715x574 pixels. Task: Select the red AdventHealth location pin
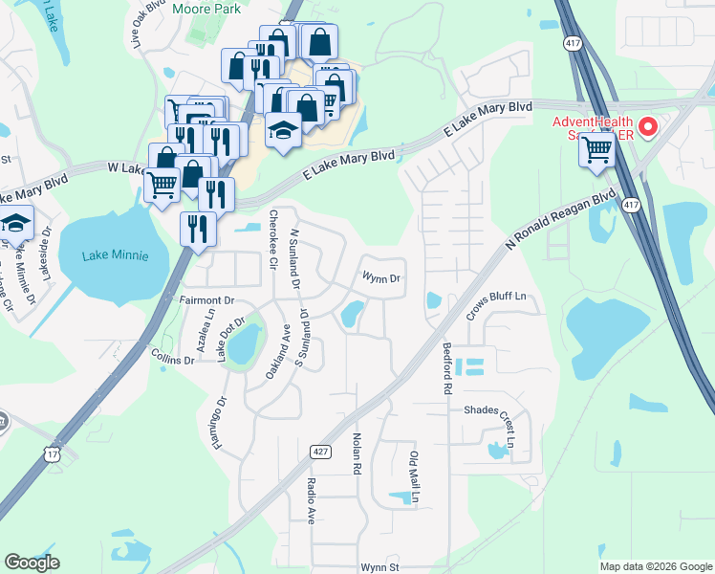pyautogui.click(x=648, y=126)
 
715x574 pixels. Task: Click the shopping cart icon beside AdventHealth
pyautogui.click(x=597, y=149)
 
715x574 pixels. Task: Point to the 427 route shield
pyautogui.click(x=318, y=451)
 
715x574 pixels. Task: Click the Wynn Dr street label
pyautogui.click(x=379, y=278)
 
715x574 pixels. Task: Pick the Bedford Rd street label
pyautogui.click(x=445, y=369)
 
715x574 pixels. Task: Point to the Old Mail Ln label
pyautogui.click(x=415, y=477)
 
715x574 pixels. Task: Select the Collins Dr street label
pyautogui.click(x=173, y=358)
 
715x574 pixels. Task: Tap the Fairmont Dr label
pyautogui.click(x=206, y=300)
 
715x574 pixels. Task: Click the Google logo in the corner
pyautogui.click(x=32, y=563)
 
